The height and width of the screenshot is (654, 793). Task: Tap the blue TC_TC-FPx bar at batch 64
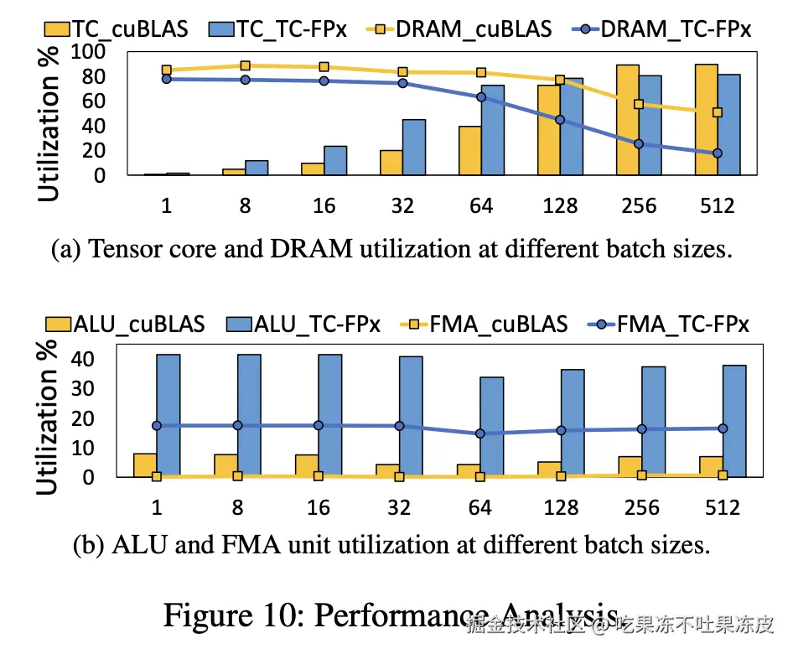click(493, 130)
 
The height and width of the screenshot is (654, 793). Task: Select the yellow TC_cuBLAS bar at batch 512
click(706, 120)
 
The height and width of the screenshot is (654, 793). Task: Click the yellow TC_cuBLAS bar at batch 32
click(391, 163)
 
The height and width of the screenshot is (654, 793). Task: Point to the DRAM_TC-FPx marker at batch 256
click(639, 144)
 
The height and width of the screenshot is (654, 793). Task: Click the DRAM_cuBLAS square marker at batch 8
click(245, 65)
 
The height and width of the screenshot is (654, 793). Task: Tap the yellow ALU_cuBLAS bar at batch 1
click(145, 465)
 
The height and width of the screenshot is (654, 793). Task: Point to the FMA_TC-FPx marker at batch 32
click(399, 426)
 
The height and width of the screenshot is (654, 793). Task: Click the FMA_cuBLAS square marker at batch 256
click(642, 475)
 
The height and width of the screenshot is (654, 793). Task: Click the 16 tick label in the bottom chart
click(319, 508)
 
